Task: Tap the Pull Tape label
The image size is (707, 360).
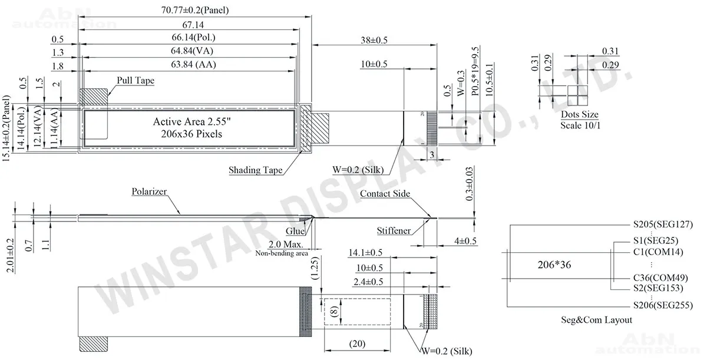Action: coord(135,80)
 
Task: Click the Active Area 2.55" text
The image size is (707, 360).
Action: coord(189,122)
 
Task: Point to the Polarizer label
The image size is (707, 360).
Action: coord(150,192)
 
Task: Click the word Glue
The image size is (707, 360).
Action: coord(296,232)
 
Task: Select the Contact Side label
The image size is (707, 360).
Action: coord(385,194)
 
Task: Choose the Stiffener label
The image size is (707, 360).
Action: coord(394,231)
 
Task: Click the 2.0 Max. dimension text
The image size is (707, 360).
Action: coord(286,244)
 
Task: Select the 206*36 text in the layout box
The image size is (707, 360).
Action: coord(554,265)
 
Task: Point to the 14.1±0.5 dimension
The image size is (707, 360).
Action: coord(365,253)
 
